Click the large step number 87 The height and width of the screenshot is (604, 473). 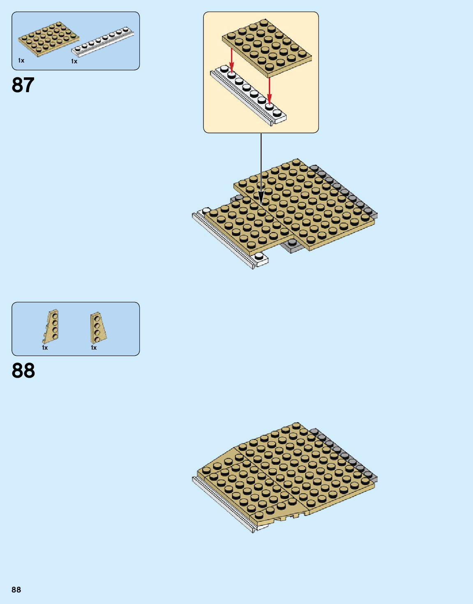pos(23,85)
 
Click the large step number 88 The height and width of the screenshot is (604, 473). pos(23,371)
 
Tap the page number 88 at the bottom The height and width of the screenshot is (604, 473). pos(16,590)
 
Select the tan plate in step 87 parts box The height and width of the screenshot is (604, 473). pos(48,39)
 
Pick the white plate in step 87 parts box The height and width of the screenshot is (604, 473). pos(103,41)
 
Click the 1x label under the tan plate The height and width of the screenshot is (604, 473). pos(21,60)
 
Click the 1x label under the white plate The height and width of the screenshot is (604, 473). pos(74,61)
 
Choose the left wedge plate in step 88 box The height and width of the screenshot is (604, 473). pos(51,326)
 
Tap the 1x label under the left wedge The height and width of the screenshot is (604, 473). pos(45,348)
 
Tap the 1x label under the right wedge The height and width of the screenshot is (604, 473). pos(94,348)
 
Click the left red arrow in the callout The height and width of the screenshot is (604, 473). pos(232,61)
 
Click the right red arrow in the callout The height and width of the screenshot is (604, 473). pos(269,90)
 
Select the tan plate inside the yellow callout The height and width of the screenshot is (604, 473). pos(267,48)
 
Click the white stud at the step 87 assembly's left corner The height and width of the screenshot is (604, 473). pos(206,211)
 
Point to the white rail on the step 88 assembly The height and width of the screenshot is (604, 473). pos(222,506)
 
